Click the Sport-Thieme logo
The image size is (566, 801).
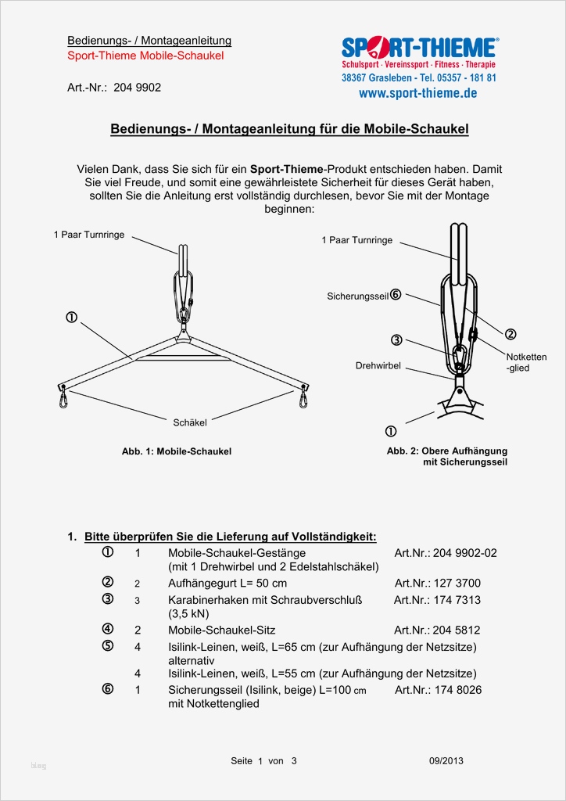[418, 48]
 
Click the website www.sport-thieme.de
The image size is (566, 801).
[418, 93]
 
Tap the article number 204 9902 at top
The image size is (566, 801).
[137, 88]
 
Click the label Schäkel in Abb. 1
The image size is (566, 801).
[190, 422]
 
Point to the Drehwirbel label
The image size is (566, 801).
[378, 365]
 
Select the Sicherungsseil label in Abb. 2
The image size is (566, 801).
[358, 296]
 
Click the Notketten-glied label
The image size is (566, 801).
[526, 362]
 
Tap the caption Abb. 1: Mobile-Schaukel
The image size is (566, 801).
[177, 451]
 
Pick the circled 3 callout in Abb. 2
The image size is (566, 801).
[397, 340]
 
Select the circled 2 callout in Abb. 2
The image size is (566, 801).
[510, 334]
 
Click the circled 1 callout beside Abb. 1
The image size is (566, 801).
[71, 318]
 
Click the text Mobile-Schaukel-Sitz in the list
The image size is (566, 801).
[221, 630]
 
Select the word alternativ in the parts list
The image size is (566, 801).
[191, 660]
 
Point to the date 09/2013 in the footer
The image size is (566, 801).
[446, 761]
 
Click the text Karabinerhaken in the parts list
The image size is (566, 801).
[206, 600]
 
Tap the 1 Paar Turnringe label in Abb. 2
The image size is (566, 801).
[356, 240]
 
